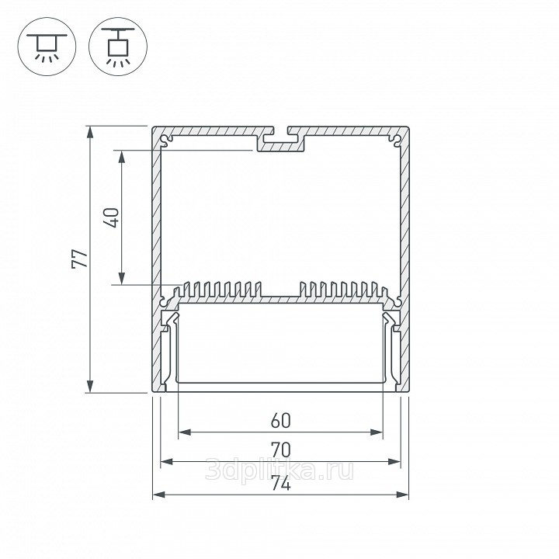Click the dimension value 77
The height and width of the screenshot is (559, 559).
80,259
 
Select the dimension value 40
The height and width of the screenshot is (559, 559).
111,217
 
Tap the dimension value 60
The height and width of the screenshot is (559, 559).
280,421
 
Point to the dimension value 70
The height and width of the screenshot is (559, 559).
280,450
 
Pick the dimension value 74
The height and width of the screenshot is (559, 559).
280,484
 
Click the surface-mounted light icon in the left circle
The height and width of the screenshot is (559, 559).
47,47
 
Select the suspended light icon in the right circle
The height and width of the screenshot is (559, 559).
118,47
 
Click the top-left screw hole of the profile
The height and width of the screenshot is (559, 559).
165,140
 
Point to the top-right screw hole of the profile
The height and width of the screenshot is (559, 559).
396,140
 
